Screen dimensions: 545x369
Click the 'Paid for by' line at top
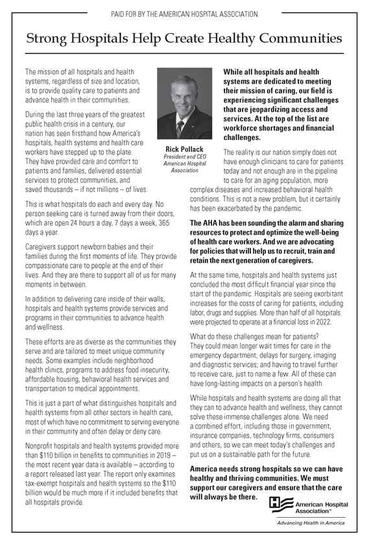click(184, 14)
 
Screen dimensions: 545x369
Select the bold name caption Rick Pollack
click(184, 149)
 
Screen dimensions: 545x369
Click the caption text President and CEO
click(184, 157)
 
